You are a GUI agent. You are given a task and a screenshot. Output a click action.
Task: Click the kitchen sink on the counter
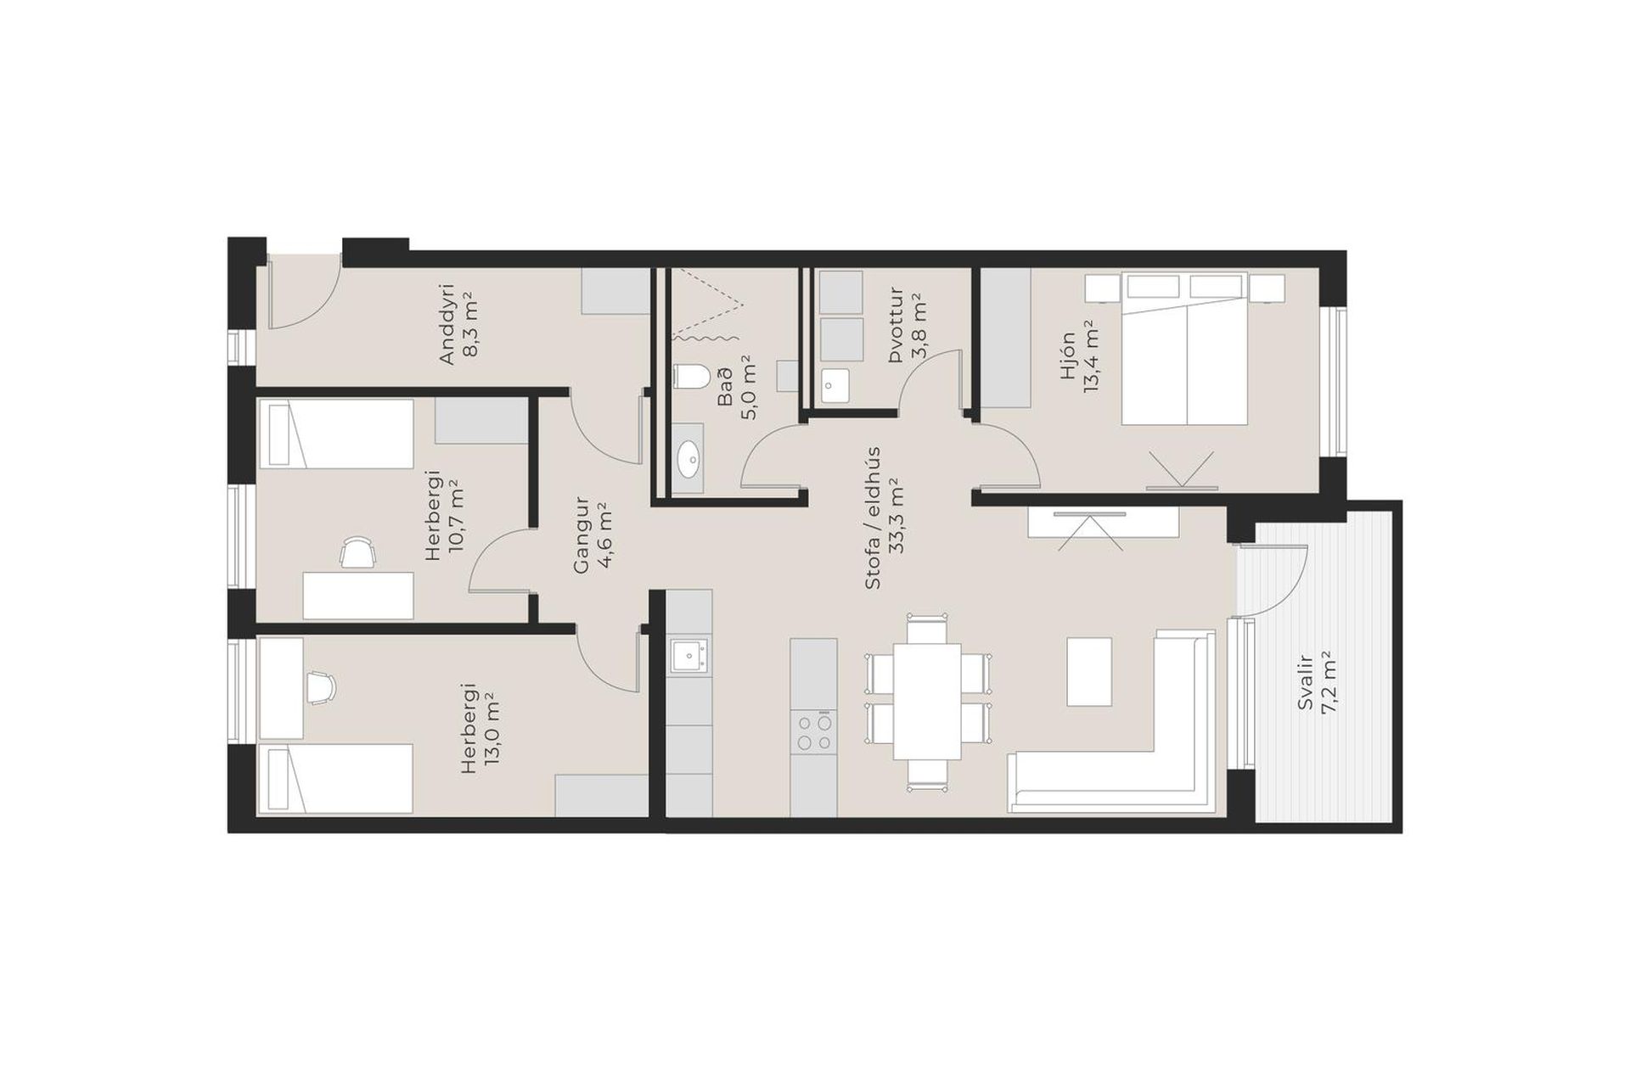(689, 656)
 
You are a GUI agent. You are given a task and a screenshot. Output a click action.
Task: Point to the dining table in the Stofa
(926, 703)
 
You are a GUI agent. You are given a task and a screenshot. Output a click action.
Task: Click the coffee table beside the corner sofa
(1089, 671)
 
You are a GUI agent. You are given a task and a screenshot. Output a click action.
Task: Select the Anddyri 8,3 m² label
(459, 324)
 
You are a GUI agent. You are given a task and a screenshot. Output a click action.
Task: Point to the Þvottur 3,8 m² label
(906, 326)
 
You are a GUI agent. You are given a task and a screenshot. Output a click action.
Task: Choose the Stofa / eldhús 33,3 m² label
(883, 518)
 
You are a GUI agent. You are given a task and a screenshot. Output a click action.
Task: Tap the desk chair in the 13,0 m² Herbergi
(320, 686)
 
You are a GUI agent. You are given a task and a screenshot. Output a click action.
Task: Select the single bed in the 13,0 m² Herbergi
(335, 779)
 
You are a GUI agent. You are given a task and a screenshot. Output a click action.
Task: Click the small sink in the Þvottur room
(835, 385)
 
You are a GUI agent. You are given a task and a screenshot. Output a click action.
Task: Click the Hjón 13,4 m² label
(1079, 360)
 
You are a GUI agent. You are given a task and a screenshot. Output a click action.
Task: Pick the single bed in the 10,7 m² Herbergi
(336, 434)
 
